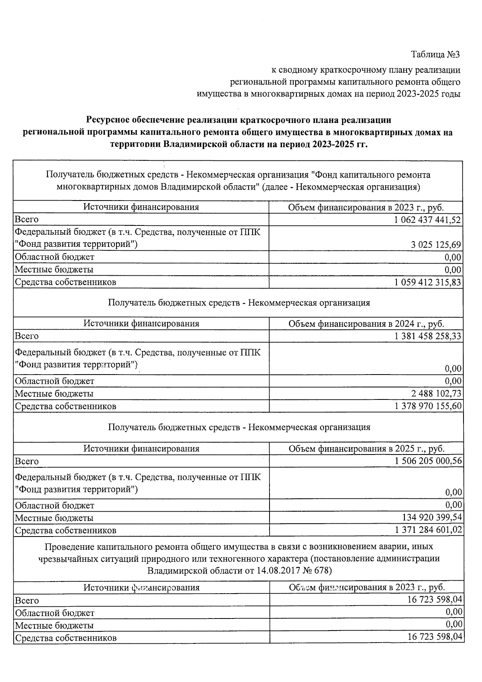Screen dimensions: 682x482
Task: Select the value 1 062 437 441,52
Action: (428, 220)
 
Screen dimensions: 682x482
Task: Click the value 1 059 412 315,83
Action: (428, 282)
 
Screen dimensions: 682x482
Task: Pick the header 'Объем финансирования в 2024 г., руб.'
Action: (366, 324)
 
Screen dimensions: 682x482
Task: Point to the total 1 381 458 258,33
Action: (428, 336)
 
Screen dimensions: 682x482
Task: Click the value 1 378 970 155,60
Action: (428, 406)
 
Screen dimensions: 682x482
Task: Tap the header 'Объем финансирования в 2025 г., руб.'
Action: (366, 449)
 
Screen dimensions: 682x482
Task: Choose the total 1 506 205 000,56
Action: (428, 461)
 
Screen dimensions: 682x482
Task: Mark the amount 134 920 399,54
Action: (432, 518)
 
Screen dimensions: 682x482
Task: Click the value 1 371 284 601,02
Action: (428, 530)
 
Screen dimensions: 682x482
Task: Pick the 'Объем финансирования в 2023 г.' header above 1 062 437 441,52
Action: (366, 208)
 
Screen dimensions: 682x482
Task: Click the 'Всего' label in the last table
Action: (27, 601)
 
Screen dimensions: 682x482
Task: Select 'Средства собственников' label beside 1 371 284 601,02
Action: (65, 530)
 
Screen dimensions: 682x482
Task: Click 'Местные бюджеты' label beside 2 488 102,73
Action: (54, 393)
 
